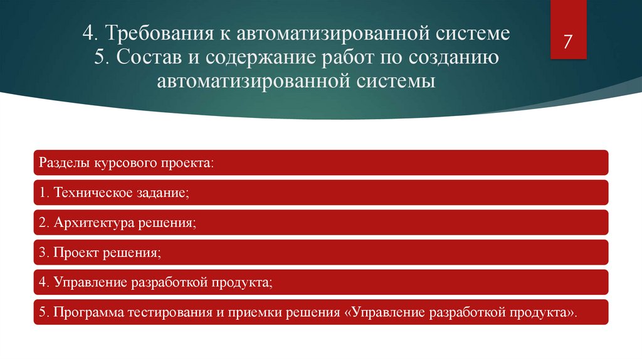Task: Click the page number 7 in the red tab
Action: tap(568, 42)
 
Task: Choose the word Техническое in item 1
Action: tap(92, 193)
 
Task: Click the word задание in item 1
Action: tap(160, 193)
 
